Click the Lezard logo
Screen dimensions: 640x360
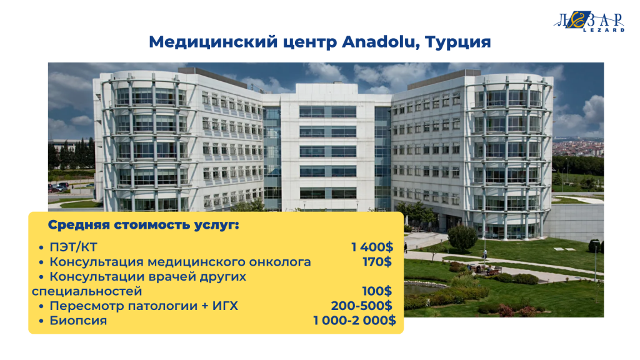coord(589,21)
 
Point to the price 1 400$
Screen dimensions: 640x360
coord(372,247)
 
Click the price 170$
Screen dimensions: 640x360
coord(377,262)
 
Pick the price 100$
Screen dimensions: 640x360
coord(377,291)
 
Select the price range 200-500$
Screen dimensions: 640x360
coord(361,306)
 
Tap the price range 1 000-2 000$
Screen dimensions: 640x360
coord(354,321)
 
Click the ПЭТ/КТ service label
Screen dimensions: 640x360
coord(73,247)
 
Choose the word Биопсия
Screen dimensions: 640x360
coord(78,321)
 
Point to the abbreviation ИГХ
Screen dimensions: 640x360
coord(225,306)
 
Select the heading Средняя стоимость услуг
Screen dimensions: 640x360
coord(143,225)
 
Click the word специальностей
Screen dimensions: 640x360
coord(87,291)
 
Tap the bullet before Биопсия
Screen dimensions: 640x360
coord(41,321)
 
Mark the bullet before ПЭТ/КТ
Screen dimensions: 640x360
coord(41,247)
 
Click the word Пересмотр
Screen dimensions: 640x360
coord(86,306)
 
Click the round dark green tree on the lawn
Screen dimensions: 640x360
coord(462,237)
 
